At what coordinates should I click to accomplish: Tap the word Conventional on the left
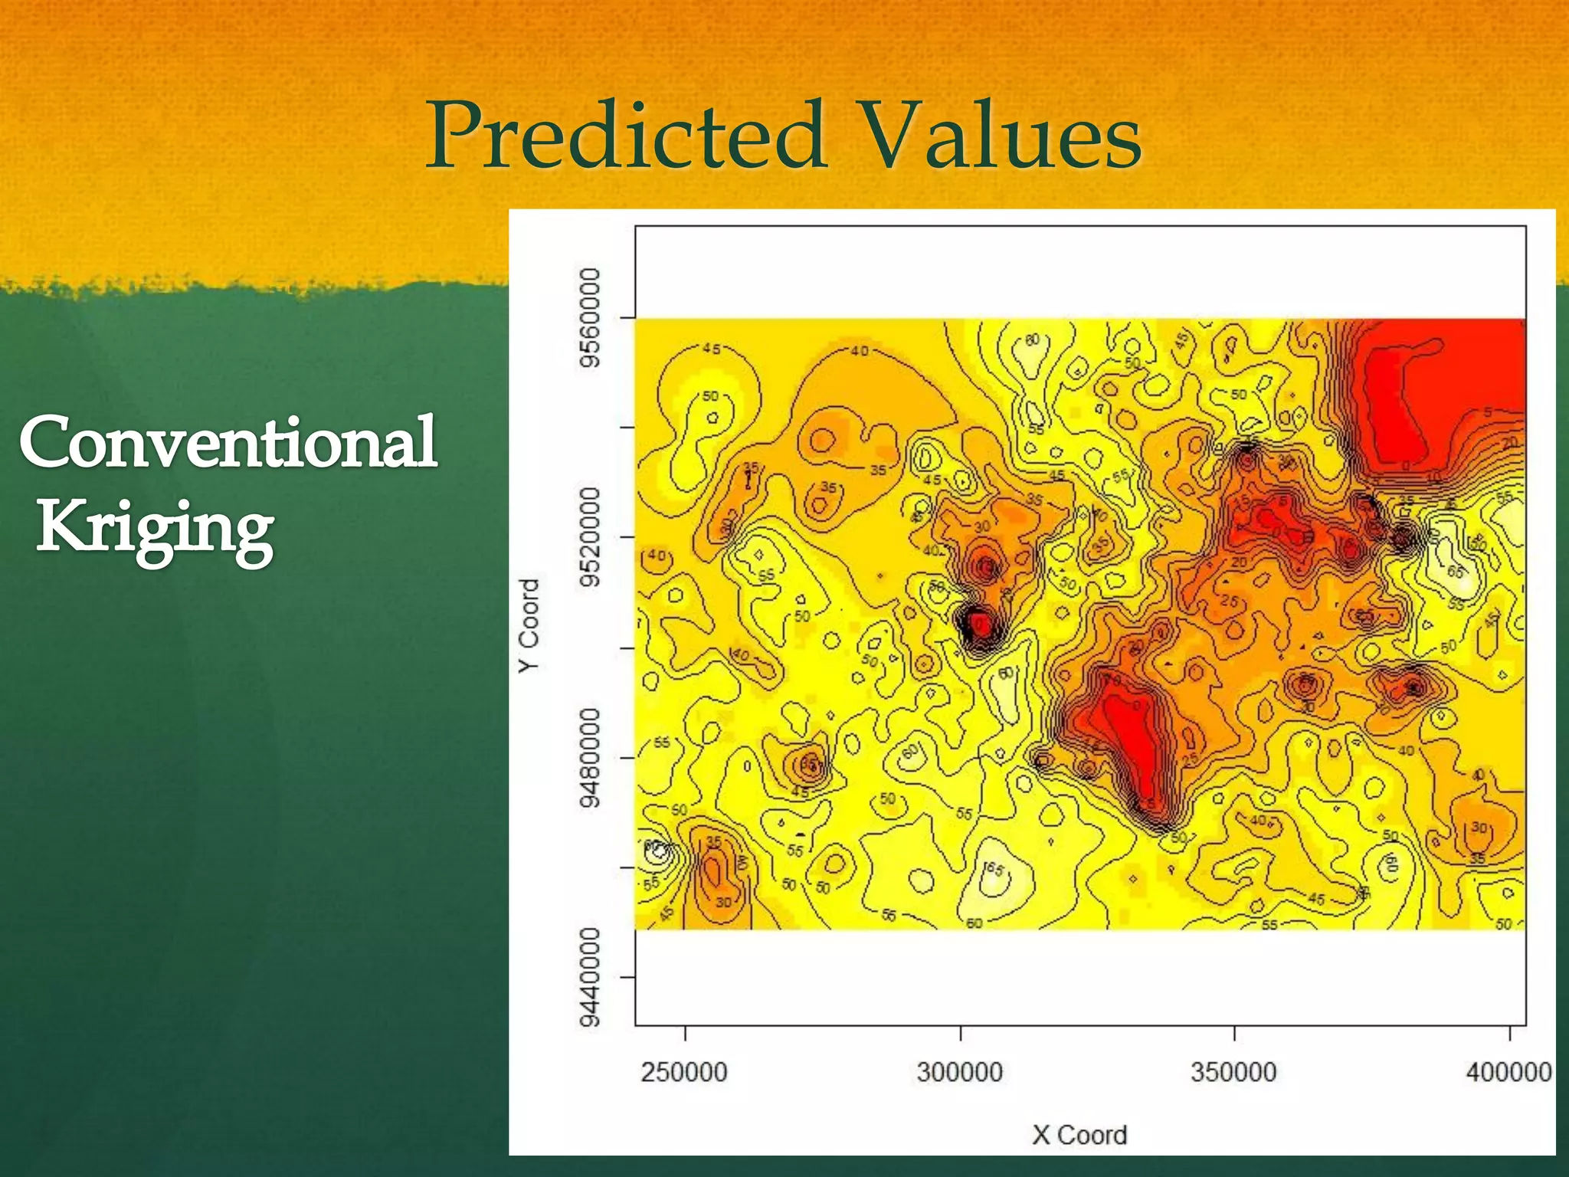[x=228, y=442]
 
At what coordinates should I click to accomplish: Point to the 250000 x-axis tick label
[x=684, y=1071]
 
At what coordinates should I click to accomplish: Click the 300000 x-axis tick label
[x=960, y=1071]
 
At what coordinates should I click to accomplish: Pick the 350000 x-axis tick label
[x=1234, y=1071]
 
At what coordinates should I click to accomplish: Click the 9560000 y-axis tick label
[x=589, y=317]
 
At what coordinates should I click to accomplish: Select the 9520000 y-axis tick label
[x=589, y=536]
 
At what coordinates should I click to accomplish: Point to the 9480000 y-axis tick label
[x=589, y=757]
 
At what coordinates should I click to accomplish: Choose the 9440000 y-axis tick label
[x=589, y=977]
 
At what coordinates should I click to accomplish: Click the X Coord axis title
[x=1079, y=1135]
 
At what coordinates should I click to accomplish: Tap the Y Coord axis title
[x=529, y=625]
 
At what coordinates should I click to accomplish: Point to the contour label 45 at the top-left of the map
[x=712, y=349]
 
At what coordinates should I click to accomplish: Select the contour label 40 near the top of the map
[x=860, y=351]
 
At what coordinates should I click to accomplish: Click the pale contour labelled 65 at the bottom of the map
[x=994, y=869]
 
